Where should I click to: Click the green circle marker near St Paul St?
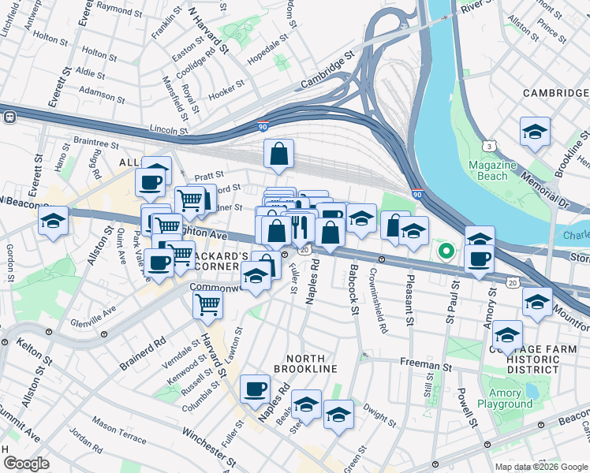point(446,251)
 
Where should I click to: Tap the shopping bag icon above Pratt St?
point(279,155)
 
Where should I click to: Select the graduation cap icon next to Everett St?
point(53,221)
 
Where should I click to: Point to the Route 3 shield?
point(490,147)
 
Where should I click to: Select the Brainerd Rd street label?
point(143,355)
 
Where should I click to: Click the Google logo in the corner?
point(27,464)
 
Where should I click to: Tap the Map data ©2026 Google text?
point(541,467)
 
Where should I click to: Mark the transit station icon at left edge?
point(10,117)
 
